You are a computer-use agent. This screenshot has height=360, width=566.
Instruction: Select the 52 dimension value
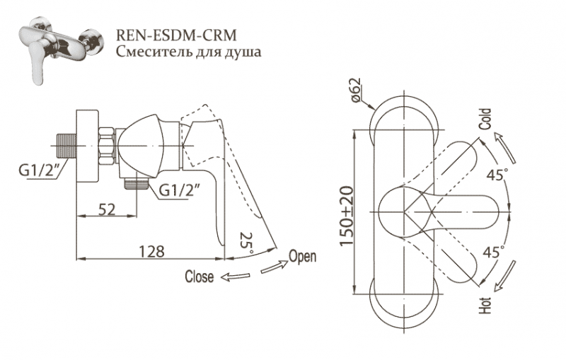tap(107, 209)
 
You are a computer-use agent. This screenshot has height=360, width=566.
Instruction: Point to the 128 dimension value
tap(152, 250)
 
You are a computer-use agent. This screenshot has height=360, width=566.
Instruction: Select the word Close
tap(199, 277)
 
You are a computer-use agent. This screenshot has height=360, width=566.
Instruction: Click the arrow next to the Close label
tap(234, 277)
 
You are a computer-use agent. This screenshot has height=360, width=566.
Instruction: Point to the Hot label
tap(485, 306)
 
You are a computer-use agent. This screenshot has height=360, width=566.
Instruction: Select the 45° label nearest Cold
tap(497, 174)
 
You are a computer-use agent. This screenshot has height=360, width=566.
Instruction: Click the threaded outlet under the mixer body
tap(136, 185)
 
